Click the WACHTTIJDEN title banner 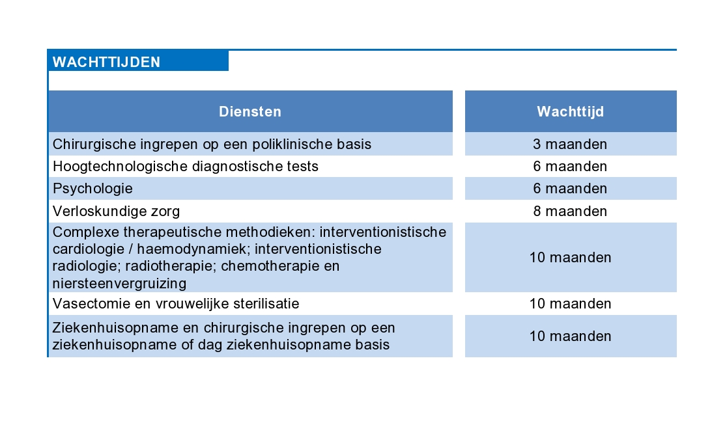137,61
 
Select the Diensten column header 250,112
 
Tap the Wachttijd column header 571,112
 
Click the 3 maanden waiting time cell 571,144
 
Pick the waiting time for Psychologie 571,188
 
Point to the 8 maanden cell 571,211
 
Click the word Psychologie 93,189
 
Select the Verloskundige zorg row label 116,211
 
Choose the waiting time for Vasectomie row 571,304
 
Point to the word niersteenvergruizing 119,284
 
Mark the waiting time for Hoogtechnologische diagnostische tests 571,167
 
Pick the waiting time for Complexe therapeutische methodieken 571,257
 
